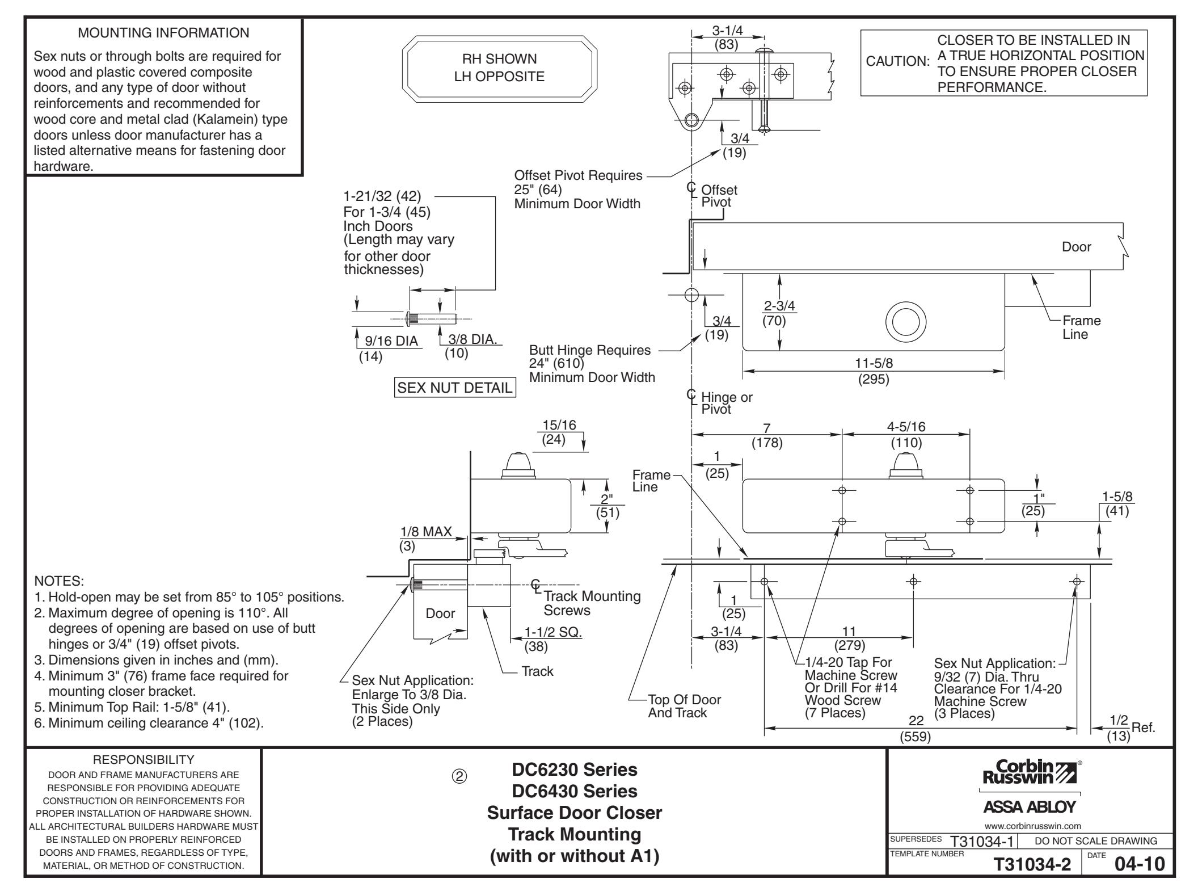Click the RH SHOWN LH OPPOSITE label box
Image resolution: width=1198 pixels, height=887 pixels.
(x=500, y=68)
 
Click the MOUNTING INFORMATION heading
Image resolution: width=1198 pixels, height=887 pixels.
(x=163, y=33)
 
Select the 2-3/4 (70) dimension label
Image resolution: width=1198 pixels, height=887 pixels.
(x=779, y=313)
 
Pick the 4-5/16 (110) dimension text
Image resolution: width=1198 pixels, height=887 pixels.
(x=906, y=435)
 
